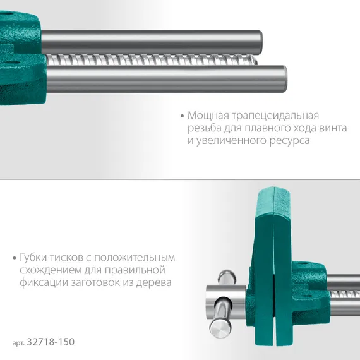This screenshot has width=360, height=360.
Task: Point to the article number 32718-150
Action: click(x=50, y=342)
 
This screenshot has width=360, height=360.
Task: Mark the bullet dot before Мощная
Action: click(x=183, y=117)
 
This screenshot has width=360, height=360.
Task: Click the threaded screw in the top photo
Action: click(x=152, y=61)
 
